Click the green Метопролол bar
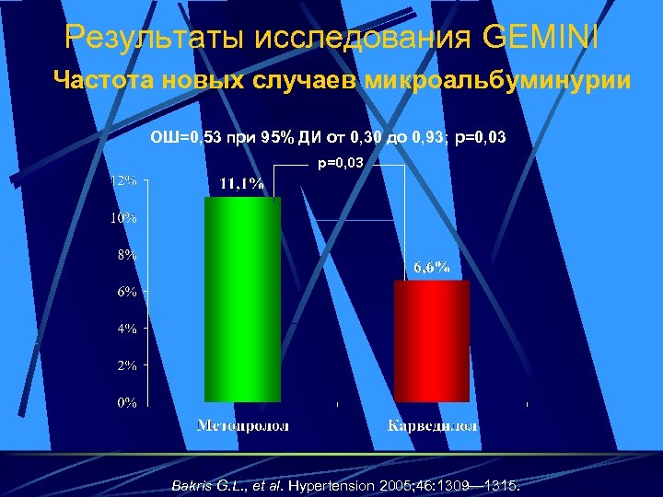point(241,299)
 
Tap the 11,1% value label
point(241,184)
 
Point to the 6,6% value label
point(431,268)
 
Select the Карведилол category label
point(432,426)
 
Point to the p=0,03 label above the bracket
point(341,163)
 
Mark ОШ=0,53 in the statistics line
point(184,138)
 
